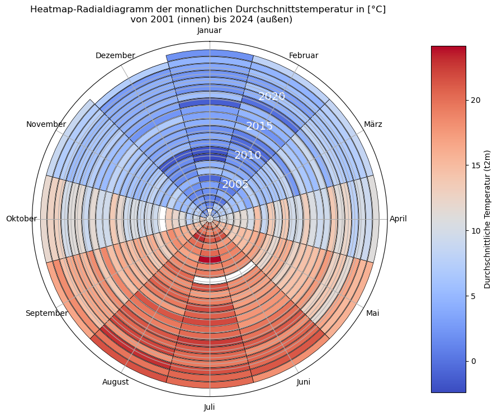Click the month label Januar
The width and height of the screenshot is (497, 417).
[210, 31]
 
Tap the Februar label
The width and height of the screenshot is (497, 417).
[304, 55]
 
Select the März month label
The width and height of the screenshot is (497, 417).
[373, 124]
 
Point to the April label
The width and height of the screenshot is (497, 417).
[398, 219]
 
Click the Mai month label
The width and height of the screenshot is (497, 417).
[372, 313]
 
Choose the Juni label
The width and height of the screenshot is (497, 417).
[304, 382]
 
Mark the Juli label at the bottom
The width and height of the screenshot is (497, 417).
[210, 407]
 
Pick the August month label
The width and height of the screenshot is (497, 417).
[116, 382]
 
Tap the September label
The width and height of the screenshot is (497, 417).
[46, 313]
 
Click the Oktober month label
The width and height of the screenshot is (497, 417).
[21, 219]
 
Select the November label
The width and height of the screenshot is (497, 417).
[46, 124]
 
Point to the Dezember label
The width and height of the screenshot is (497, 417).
[115, 55]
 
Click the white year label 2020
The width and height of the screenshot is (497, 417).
[272, 97]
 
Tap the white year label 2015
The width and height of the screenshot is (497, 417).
[259, 126]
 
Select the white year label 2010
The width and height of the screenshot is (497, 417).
[247, 155]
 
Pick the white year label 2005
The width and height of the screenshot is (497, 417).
[235, 184]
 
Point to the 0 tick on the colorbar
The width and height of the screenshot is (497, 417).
[473, 361]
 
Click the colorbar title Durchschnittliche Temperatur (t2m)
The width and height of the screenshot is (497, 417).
[487, 219]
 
